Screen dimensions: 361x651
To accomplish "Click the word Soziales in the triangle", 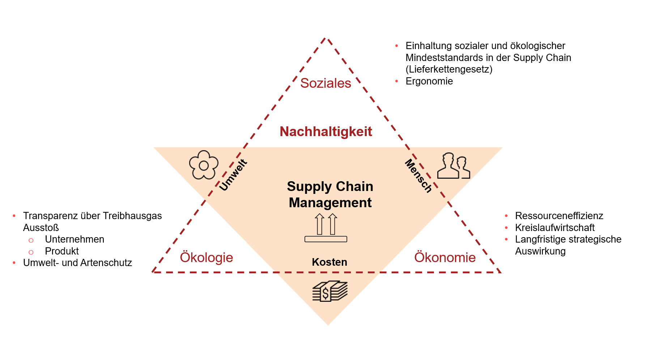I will point(325,83).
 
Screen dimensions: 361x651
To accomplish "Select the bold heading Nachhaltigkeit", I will point(325,132).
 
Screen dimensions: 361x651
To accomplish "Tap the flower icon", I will point(204,165).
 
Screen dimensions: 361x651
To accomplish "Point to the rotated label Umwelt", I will point(233,175).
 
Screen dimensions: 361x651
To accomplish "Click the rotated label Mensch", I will point(418,176).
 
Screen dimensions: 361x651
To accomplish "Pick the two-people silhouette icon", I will point(453,166).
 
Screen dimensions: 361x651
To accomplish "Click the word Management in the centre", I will point(330,203).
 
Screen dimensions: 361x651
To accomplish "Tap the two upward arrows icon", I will point(326,228).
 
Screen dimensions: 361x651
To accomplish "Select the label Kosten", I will point(329,262).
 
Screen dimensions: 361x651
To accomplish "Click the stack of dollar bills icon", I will point(329,291).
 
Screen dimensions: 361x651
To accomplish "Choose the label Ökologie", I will point(206,258).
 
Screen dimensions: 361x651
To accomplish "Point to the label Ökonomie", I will point(445,258).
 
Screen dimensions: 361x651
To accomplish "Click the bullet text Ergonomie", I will point(429,81).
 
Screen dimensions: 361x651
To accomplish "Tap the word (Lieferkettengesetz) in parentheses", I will point(449,69).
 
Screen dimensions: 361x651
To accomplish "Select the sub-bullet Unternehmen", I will point(75,239).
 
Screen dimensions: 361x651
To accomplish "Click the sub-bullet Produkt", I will point(62,251).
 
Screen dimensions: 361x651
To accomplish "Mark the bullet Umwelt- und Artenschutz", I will point(77,263).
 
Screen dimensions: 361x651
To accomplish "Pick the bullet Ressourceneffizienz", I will point(559,216).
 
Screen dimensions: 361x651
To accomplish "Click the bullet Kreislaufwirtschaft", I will point(554,228).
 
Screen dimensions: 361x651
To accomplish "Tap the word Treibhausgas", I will point(132,216).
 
